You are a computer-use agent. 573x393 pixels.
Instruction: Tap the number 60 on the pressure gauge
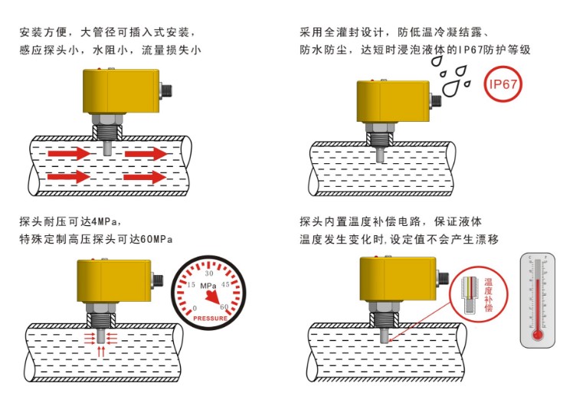[x=224, y=307]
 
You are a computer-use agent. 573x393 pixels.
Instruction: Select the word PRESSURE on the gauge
[x=209, y=317]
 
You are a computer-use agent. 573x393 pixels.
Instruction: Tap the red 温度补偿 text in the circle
[x=487, y=294]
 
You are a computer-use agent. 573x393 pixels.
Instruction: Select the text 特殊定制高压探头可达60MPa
[x=96, y=239]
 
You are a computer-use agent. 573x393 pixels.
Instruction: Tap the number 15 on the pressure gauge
[x=192, y=285]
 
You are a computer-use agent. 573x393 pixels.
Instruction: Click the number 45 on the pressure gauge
[x=225, y=285]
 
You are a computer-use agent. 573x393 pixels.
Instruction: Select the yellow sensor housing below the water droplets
[x=394, y=100]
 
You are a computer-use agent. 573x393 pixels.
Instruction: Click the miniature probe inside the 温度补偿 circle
[x=467, y=295]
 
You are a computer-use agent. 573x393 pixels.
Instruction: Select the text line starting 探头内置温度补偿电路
[x=391, y=222]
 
